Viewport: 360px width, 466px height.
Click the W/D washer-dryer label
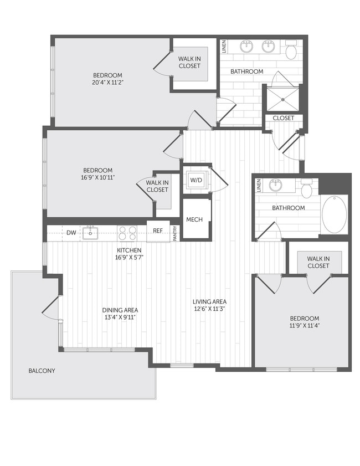[197, 180]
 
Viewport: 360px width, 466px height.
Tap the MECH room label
[194, 219]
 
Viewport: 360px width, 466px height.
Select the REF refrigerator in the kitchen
[158, 231]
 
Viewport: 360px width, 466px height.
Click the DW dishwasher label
[71, 233]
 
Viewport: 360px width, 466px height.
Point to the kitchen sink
[90, 233]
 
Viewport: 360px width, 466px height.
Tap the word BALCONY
[42, 371]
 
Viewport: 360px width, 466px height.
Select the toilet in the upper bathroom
[291, 52]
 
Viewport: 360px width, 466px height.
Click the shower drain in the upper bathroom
[284, 100]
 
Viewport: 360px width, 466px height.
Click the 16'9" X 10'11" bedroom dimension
[98, 178]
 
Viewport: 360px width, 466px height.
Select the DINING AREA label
[120, 310]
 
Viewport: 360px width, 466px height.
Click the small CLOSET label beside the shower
[284, 118]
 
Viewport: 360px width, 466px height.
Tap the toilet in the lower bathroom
[307, 189]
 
